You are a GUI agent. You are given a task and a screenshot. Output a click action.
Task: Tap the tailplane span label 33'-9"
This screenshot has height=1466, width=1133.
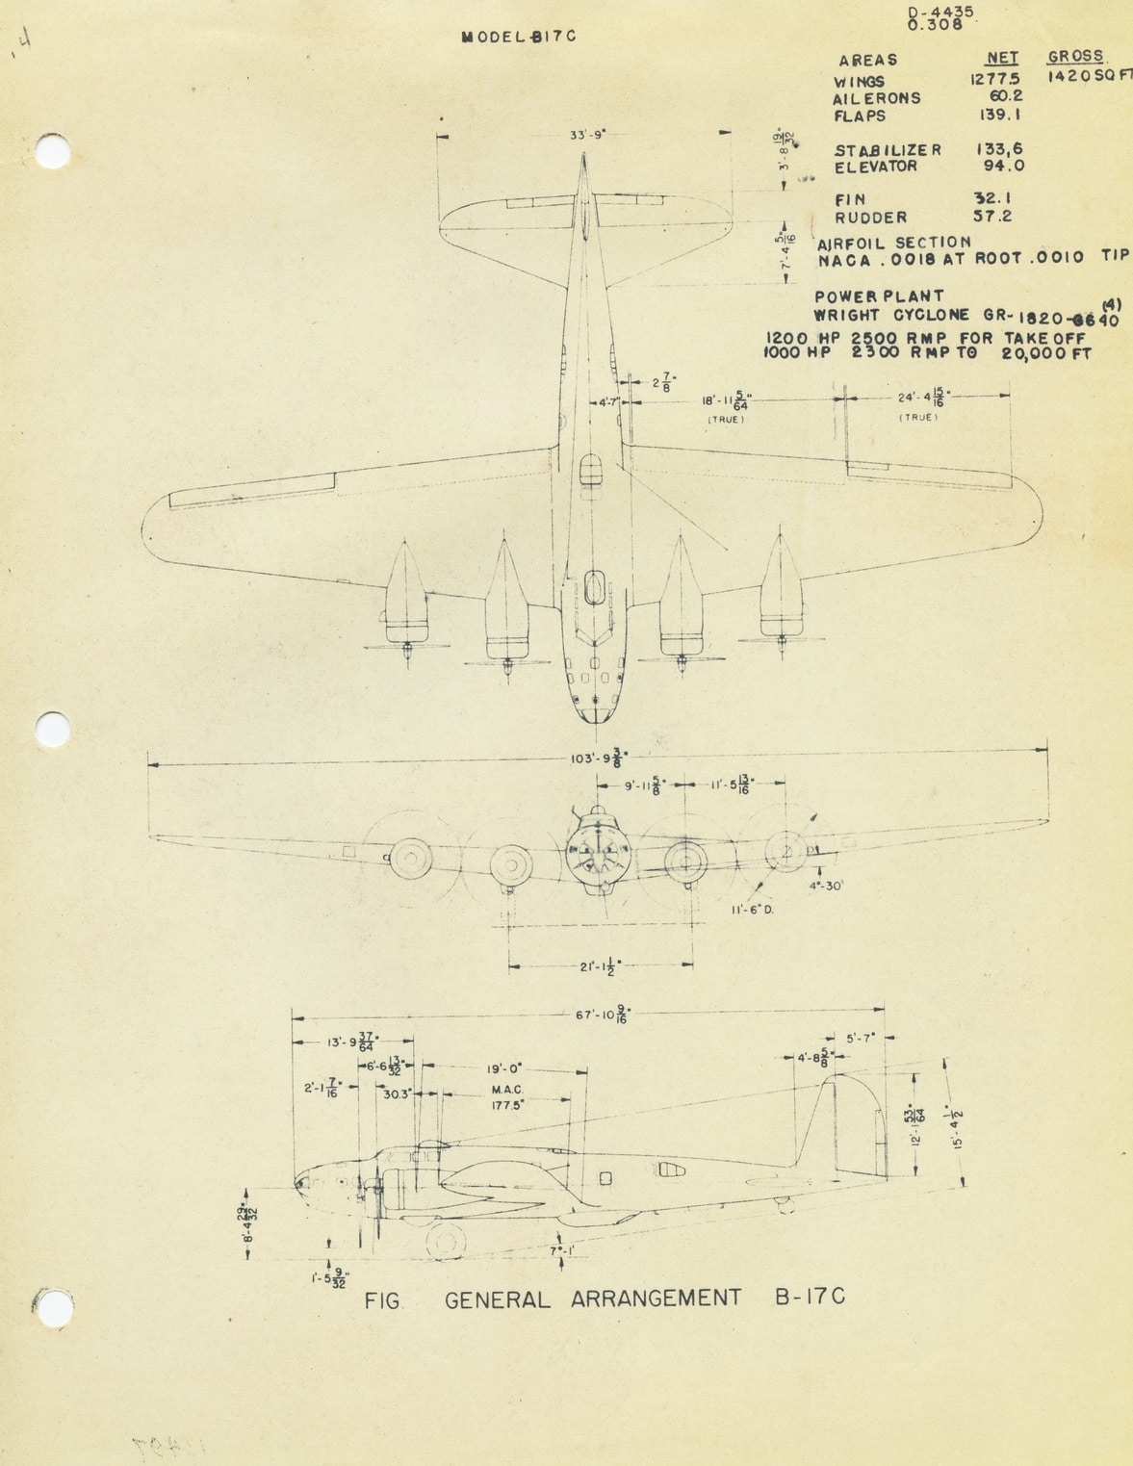(587, 136)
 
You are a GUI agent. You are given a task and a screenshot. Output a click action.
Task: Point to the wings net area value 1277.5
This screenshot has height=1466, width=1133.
(995, 81)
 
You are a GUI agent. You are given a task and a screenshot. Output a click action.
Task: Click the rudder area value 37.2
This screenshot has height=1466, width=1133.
(993, 217)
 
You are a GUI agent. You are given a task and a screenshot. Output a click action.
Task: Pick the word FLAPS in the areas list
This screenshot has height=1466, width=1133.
(860, 116)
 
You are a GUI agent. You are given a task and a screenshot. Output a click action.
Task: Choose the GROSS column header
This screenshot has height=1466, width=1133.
(1075, 57)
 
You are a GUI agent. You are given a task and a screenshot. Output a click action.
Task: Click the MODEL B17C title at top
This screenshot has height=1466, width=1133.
(519, 37)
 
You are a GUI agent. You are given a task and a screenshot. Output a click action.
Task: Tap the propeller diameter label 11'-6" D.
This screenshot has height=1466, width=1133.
(752, 909)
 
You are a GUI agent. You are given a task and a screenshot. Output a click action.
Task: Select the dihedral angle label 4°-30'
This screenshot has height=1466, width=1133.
(825, 886)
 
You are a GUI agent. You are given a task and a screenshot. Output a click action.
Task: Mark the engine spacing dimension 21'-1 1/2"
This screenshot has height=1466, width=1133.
(601, 965)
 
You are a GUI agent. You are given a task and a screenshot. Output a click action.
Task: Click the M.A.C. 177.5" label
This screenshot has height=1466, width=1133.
(506, 1097)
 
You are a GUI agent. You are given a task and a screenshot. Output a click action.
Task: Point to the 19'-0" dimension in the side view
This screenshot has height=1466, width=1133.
(503, 1068)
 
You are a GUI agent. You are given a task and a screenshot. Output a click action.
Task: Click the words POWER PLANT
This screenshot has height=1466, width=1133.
(879, 296)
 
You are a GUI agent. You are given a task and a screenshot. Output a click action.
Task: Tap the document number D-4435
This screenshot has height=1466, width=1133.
(940, 13)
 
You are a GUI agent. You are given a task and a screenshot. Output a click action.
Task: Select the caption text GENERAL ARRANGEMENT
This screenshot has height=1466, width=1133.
(593, 1299)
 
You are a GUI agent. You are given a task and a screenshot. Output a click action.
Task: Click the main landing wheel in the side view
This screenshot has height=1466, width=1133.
(446, 1241)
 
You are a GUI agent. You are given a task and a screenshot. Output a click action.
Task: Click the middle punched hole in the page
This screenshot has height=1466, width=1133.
(53, 729)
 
